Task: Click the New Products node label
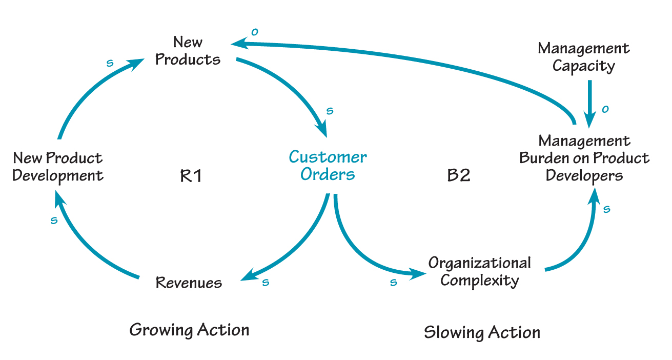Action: [188, 51]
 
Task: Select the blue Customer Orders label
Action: [328, 165]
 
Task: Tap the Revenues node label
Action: [189, 283]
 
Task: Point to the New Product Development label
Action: [57, 167]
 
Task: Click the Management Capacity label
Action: [583, 57]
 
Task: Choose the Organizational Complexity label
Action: [480, 272]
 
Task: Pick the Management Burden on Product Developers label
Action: [584, 158]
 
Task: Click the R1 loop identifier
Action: [191, 176]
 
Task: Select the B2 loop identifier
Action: [459, 175]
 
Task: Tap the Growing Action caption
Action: [189, 330]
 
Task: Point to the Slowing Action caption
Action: [482, 332]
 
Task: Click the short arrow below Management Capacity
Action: [589, 103]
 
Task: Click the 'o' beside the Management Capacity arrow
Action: [605, 109]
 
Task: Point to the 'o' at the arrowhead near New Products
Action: [254, 32]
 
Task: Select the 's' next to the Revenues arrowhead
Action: [265, 283]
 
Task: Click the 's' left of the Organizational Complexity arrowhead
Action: [393, 283]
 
